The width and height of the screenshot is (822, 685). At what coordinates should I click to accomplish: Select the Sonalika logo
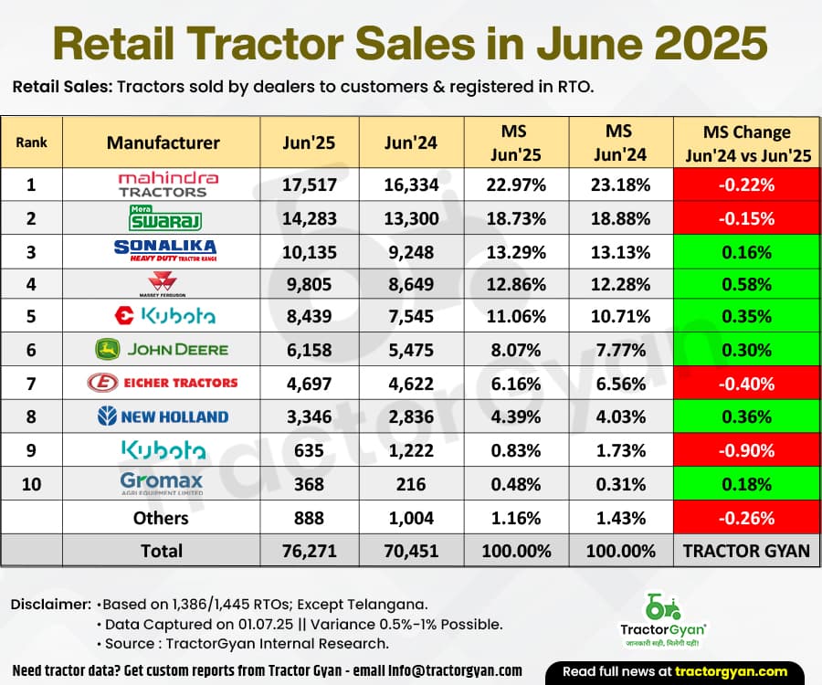[164, 251]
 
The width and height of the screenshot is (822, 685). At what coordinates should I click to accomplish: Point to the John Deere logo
[162, 349]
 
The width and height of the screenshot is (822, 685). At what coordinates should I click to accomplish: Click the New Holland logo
[163, 416]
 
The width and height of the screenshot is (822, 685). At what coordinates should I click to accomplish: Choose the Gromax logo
[161, 483]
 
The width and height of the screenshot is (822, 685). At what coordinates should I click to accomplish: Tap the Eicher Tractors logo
[163, 383]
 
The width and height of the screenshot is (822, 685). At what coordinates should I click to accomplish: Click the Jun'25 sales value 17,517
[310, 185]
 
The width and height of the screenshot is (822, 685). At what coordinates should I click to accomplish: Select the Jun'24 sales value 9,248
[412, 251]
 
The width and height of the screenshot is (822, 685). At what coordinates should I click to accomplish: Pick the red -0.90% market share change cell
[746, 450]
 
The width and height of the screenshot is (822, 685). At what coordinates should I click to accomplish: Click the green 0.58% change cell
[746, 284]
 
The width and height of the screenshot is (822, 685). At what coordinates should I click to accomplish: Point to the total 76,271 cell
[310, 551]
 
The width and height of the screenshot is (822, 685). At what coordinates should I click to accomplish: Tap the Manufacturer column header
[163, 142]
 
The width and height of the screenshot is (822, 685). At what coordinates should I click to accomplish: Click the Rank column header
[31, 142]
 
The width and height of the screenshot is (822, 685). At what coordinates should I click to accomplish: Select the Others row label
[162, 518]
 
